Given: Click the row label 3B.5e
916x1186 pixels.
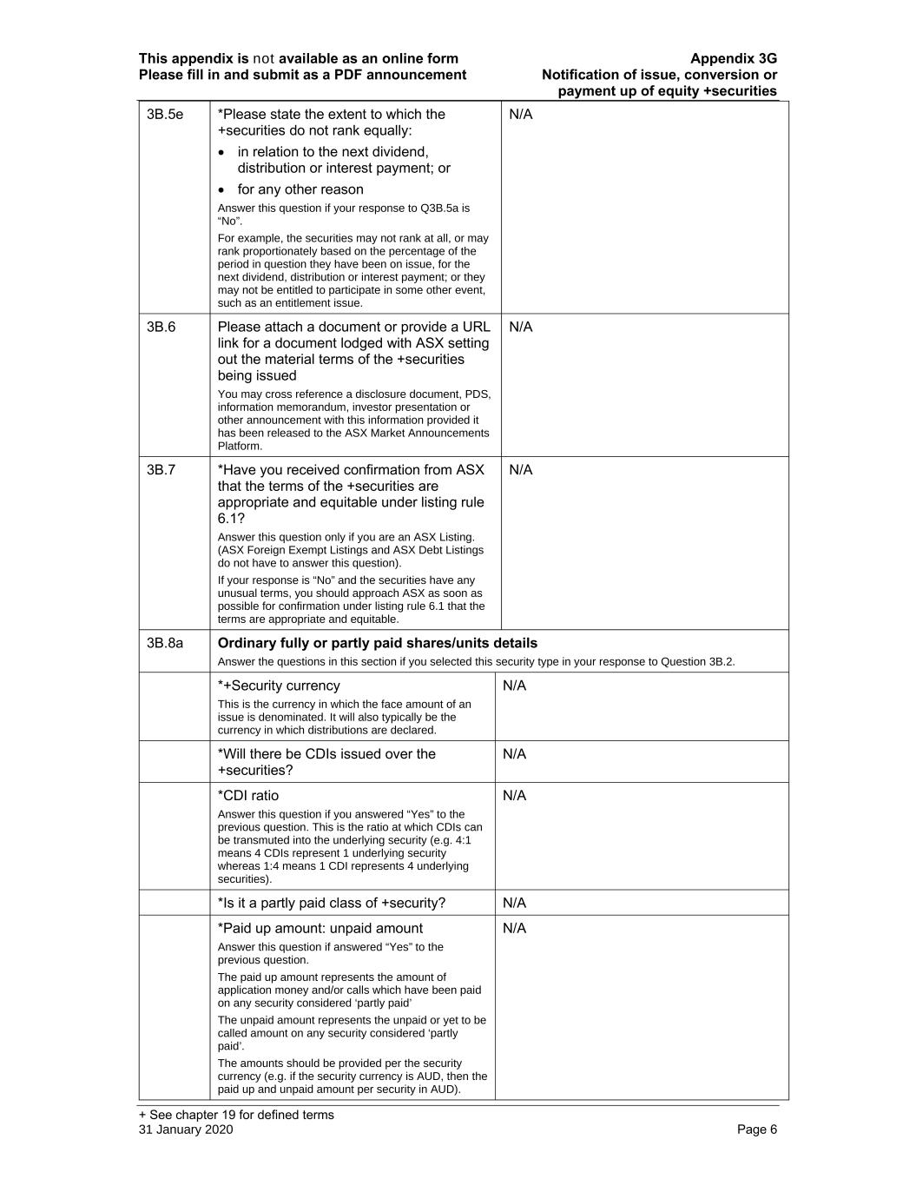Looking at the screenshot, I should click(x=165, y=115).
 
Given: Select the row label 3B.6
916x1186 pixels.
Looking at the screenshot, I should click(x=161, y=327).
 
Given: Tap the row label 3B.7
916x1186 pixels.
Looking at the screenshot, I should click(x=161, y=470).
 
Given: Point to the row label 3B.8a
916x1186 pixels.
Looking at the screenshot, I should click(x=165, y=643).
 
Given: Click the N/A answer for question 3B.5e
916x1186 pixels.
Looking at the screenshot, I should click(x=520, y=115).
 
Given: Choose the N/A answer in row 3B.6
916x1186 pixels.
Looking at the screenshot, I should click(x=520, y=327).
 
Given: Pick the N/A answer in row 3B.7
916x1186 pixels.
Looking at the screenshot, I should click(x=520, y=470).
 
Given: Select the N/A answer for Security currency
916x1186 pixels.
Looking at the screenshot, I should click(x=514, y=686).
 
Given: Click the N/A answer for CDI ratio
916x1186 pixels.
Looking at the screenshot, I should click(x=514, y=796).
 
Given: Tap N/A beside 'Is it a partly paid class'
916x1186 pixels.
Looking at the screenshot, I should click(x=514, y=903).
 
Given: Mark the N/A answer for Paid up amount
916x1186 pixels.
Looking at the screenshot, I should click(x=514, y=928).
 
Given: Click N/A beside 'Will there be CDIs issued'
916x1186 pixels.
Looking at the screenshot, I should click(x=514, y=754).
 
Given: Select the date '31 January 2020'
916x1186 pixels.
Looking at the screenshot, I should click(x=186, y=1130).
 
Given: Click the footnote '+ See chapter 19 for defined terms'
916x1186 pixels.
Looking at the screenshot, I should click(x=236, y=1115).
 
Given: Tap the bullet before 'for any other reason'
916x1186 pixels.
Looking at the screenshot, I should click(x=222, y=189).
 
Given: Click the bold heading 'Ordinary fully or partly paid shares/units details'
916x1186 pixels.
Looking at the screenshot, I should click(x=377, y=643).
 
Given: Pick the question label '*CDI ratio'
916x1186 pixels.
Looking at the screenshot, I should click(x=248, y=796).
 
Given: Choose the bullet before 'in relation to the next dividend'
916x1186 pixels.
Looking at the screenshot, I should click(x=222, y=152).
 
